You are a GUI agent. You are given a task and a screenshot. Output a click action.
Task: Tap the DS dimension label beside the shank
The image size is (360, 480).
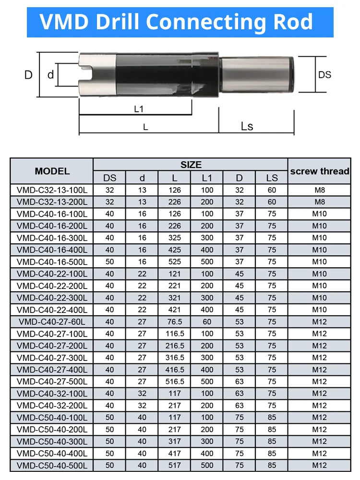(x=325, y=75)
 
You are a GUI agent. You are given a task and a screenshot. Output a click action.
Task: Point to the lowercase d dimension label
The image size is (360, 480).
(x=50, y=74)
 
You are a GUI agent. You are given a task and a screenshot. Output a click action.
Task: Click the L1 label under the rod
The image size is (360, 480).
(x=139, y=109)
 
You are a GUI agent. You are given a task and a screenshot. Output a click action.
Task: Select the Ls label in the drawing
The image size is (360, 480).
(x=247, y=126)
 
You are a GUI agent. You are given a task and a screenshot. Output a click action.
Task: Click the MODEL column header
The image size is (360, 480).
(x=52, y=171)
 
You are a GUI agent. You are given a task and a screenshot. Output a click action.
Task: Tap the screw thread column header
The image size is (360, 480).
(x=320, y=171)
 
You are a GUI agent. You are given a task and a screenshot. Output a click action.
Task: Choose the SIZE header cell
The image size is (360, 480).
(x=191, y=165)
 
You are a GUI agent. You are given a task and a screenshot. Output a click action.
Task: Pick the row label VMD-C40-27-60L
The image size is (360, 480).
(x=52, y=322)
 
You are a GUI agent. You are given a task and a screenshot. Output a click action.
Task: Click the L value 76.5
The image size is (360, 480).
(x=175, y=322)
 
